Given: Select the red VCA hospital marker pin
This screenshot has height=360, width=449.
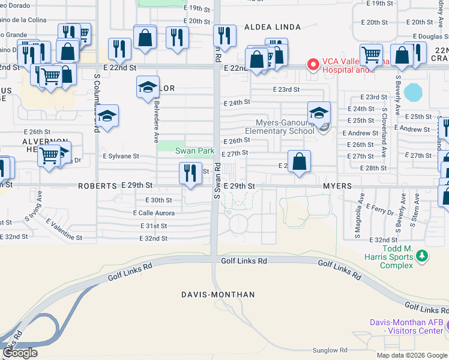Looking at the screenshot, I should tap(312, 64).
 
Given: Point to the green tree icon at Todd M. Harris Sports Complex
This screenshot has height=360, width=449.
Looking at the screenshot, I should tap(422, 256).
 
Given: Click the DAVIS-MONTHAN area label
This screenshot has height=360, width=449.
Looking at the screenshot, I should tap(218, 295).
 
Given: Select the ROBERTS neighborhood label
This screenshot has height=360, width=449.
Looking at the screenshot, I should tap(97, 187).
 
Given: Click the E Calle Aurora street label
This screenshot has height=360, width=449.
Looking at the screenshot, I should tap(154, 213).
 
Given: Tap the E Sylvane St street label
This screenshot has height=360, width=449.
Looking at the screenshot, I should tap(121, 156).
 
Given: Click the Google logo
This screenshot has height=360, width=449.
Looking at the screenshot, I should tap(20, 353).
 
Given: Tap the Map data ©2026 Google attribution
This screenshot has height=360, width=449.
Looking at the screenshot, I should tap(411, 355).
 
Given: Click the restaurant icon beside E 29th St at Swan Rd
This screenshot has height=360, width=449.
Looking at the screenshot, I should tap(190, 173).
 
